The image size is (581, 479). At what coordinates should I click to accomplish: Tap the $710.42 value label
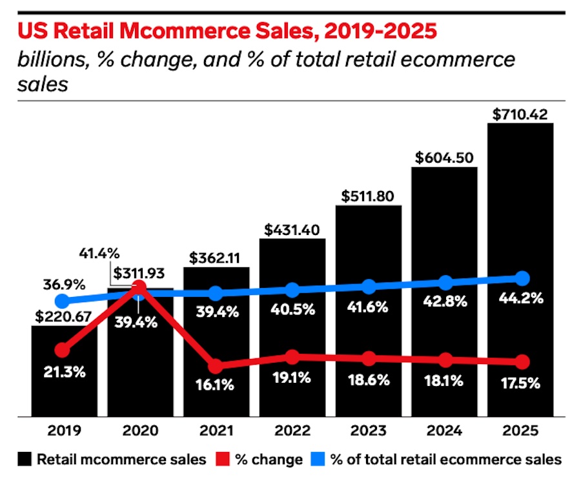520,115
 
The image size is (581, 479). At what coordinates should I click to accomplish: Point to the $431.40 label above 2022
292,230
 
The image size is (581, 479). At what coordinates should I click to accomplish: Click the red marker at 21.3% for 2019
62,350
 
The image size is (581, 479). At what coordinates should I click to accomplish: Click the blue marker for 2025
522,278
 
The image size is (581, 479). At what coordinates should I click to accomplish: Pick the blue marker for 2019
62,301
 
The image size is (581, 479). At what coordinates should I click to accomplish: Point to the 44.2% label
522,298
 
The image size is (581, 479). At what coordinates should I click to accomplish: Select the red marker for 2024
445,360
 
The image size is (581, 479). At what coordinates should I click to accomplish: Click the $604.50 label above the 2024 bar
445,158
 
